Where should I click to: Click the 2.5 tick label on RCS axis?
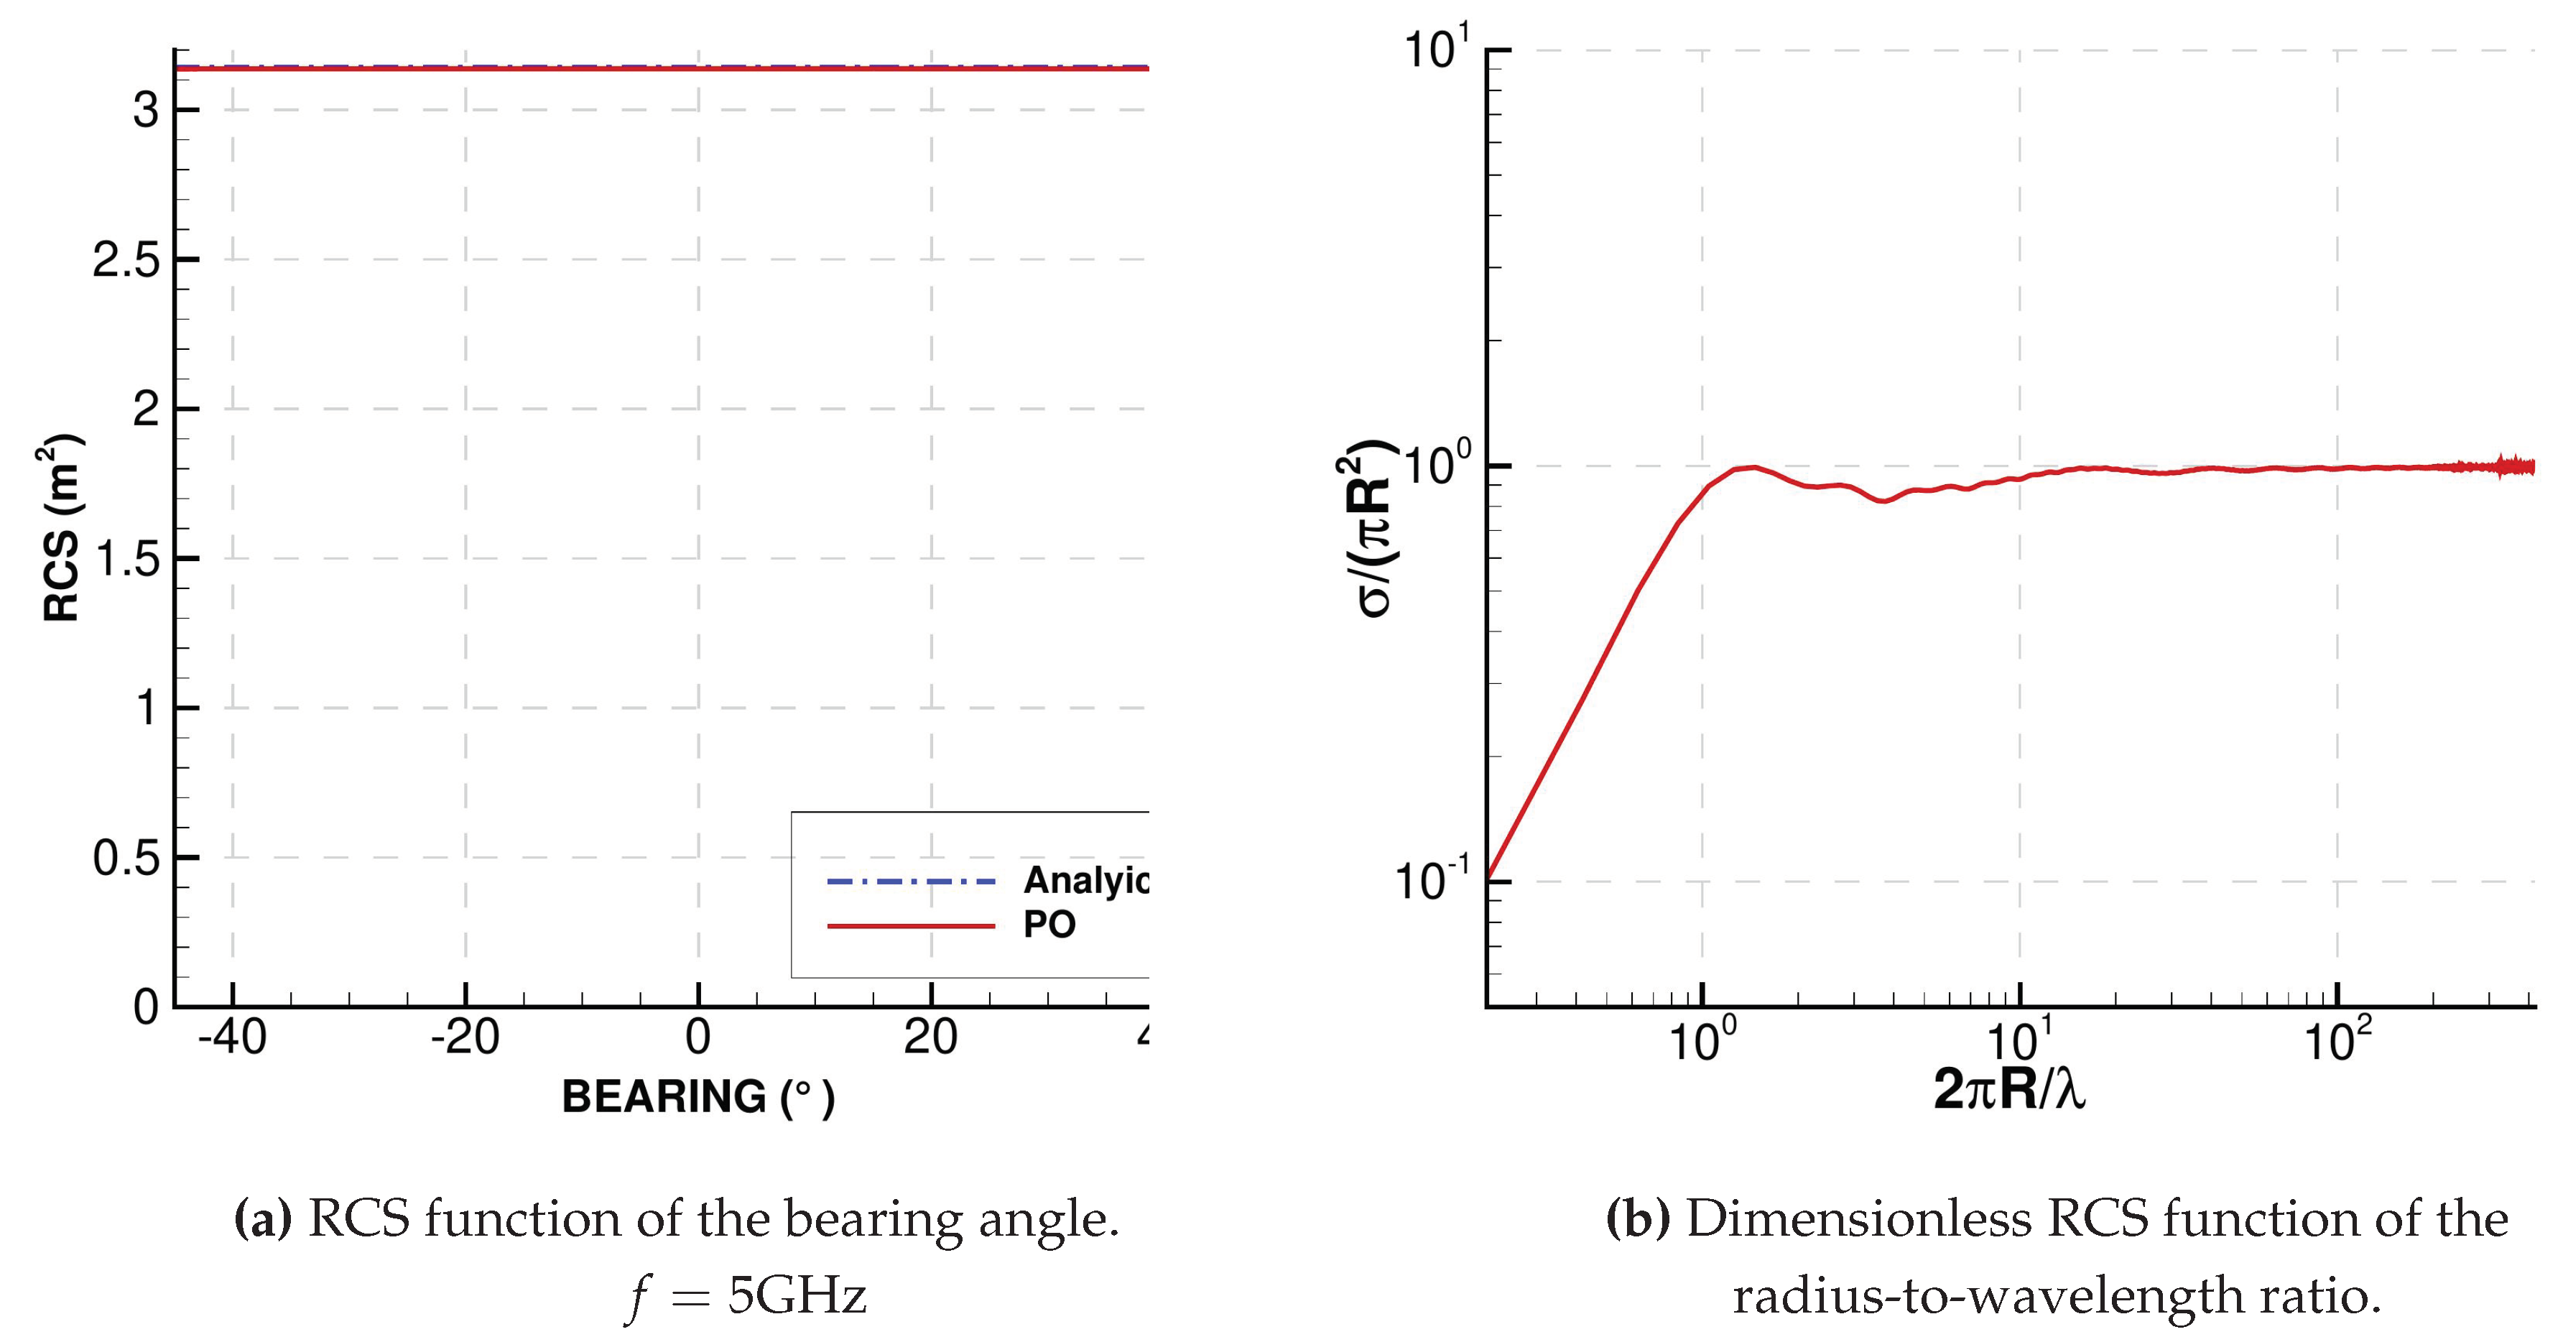coord(126,261)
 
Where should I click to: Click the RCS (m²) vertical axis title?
coord(62,528)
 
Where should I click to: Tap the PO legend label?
coord(1049,925)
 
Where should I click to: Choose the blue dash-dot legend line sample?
coord(910,882)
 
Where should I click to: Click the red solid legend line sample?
coord(910,926)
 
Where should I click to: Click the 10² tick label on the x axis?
coord(2337,1040)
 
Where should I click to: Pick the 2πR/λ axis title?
coord(2009,1088)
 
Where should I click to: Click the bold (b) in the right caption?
coord(1638,1220)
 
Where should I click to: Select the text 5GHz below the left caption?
coord(797,1295)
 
